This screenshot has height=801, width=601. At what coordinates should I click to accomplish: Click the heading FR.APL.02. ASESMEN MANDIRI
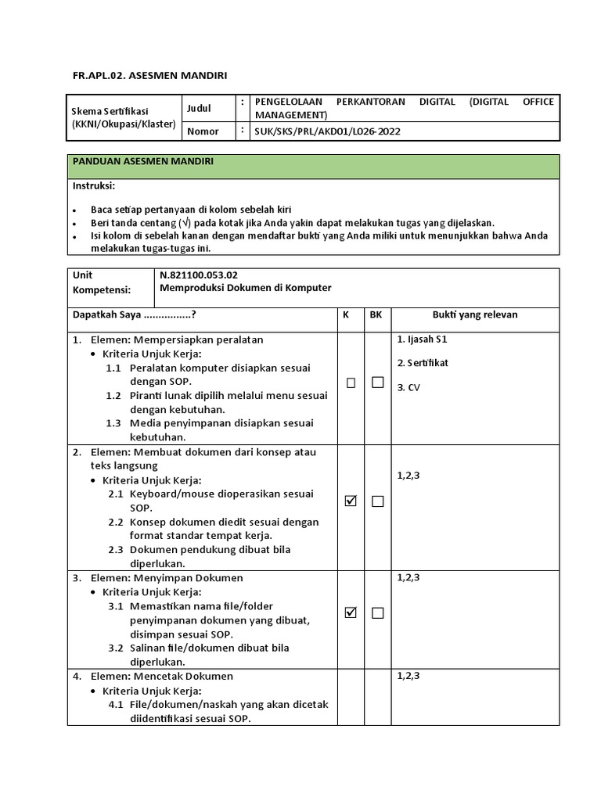pyautogui.click(x=149, y=75)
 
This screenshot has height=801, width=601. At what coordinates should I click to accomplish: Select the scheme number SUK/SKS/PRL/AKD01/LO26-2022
pyautogui.click(x=327, y=131)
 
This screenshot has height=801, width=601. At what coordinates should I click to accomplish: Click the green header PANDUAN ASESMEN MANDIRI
pyautogui.click(x=143, y=161)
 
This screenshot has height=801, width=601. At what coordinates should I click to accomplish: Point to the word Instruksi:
pyautogui.click(x=94, y=186)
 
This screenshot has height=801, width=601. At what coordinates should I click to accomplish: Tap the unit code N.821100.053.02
pyautogui.click(x=198, y=275)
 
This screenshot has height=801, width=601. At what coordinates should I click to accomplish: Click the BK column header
pyautogui.click(x=376, y=314)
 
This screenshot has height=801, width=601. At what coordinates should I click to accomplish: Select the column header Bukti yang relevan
pyautogui.click(x=475, y=314)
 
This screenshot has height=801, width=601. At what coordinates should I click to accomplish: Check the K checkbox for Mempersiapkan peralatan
pyautogui.click(x=351, y=383)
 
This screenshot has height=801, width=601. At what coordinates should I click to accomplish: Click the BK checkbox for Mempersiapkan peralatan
pyautogui.click(x=378, y=383)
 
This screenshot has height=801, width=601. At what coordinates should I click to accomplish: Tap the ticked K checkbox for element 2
pyautogui.click(x=351, y=501)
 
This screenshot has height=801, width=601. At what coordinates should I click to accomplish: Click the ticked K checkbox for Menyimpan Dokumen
pyautogui.click(x=351, y=612)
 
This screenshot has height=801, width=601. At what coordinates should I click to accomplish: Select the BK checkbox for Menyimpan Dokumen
pyautogui.click(x=378, y=612)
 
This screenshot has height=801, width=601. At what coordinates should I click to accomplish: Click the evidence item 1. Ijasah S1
pyautogui.click(x=422, y=339)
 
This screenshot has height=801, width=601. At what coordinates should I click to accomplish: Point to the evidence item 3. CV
pyautogui.click(x=408, y=387)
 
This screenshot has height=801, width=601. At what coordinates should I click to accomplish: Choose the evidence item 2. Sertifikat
pyautogui.click(x=423, y=363)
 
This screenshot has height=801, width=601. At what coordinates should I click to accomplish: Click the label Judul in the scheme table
pyautogui.click(x=200, y=107)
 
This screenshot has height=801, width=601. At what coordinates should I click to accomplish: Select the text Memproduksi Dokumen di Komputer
pyautogui.click(x=246, y=288)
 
